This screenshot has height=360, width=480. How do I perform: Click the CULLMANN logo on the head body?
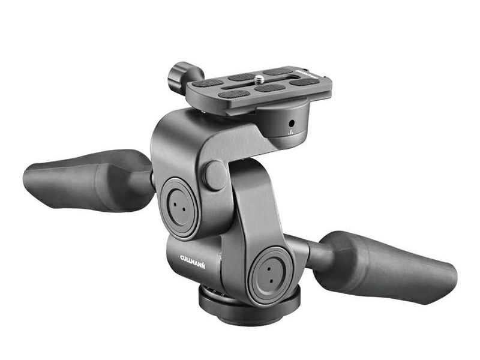193,262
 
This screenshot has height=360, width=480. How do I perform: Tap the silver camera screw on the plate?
260,79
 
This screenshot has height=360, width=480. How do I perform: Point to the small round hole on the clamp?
292,124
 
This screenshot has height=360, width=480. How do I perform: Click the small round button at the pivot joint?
216,176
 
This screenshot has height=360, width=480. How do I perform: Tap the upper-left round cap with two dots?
179,207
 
